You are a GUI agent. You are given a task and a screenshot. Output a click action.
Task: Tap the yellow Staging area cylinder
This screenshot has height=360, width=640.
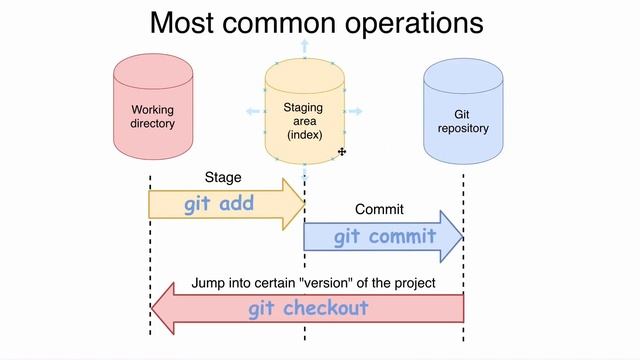pyautogui.click(x=304, y=112)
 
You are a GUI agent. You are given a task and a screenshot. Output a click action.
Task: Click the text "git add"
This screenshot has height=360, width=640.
pyautogui.click(x=219, y=204)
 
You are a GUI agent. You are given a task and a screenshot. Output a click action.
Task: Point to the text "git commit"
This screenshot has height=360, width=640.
pyautogui.click(x=385, y=237)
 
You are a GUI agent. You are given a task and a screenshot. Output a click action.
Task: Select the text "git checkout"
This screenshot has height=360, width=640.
pyautogui.click(x=308, y=308)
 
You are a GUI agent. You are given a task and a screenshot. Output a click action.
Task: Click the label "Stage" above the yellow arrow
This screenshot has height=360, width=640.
pyautogui.click(x=222, y=178)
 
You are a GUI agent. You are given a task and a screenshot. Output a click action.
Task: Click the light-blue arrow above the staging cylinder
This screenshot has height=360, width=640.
pyautogui.click(x=304, y=45)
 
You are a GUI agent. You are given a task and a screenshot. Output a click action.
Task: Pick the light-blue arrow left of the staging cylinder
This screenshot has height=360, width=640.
pyautogui.click(x=252, y=112)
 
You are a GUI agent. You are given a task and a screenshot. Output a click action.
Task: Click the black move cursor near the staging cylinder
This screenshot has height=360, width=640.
pyautogui.click(x=342, y=152)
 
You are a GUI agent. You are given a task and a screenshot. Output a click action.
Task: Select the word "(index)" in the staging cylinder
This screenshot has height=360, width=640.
pyautogui.click(x=304, y=134)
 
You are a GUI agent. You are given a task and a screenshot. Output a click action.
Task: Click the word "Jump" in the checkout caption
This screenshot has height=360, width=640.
pyautogui.click(x=206, y=283)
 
